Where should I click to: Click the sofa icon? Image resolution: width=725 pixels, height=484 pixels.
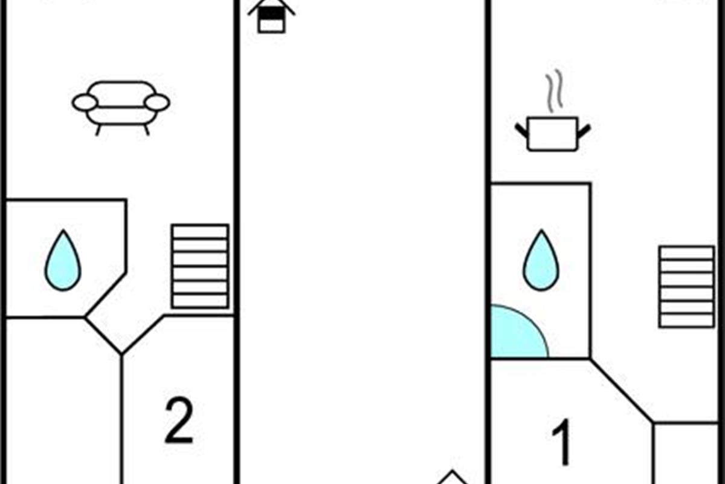coord(121,104)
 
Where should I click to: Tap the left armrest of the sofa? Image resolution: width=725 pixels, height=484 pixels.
coord(85,103)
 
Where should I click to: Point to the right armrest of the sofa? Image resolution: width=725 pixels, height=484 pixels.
coord(157,103)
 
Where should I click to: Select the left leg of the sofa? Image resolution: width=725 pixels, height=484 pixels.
coord(98,129)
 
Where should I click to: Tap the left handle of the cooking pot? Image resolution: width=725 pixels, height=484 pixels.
coord(521,129)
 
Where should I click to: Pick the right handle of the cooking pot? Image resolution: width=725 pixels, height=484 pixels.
coord(584,129)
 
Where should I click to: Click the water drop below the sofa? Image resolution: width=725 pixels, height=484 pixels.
coord(62,261)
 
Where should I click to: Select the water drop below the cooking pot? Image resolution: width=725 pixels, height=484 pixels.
coord(541,261)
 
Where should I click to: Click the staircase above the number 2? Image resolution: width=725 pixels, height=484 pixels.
coord(199,266)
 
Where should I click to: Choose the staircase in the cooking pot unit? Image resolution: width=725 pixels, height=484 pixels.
coord(686,286)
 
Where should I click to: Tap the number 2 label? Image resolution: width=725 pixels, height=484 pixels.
coord(179,420)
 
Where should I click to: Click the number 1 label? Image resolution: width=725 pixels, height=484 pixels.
coord(562,443)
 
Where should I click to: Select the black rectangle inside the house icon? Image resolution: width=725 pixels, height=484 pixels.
coord(271,13)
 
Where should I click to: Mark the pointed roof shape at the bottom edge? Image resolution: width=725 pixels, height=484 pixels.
coord(451,478)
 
